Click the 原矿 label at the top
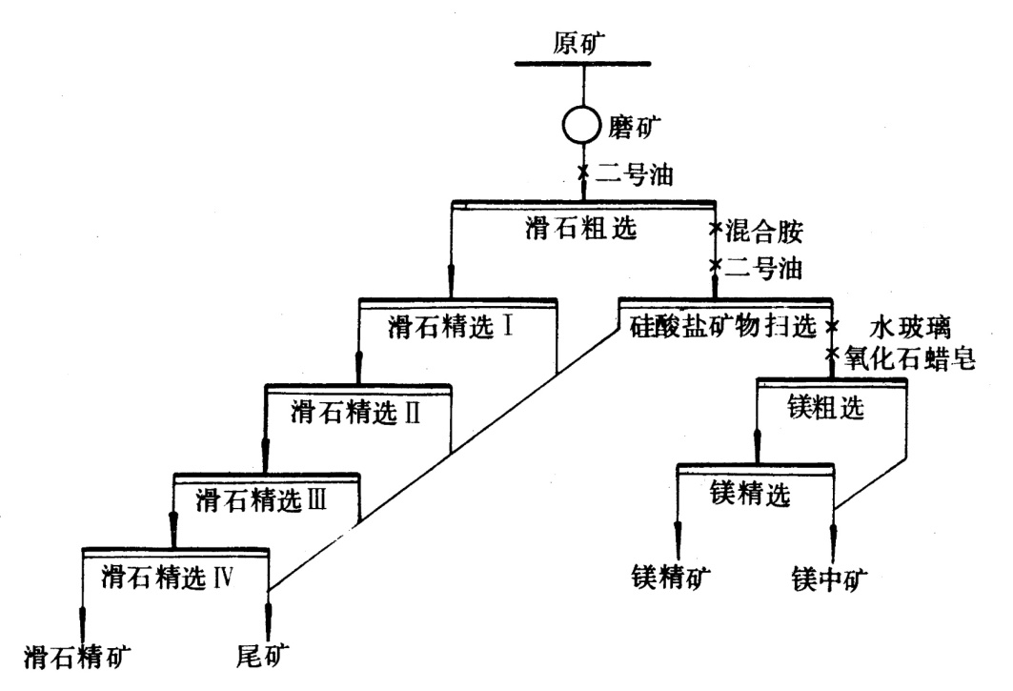[x=581, y=43]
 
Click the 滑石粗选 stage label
[x=581, y=228]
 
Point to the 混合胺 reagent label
[x=765, y=231]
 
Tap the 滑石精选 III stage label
[x=262, y=498]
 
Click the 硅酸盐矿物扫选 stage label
[x=724, y=326]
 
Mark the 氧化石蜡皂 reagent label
[x=904, y=359]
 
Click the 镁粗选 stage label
[x=827, y=407]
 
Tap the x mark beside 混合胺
[x=717, y=230]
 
